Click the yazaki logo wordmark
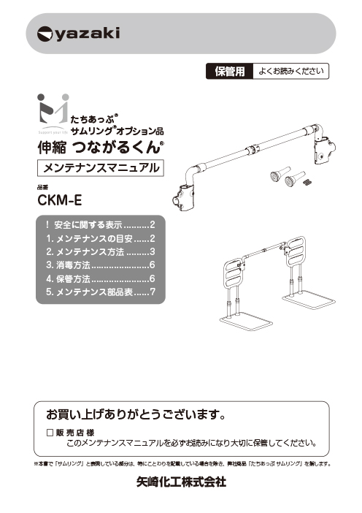point(78,34)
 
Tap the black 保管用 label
point(230,72)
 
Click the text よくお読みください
point(291,71)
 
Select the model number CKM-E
point(59,200)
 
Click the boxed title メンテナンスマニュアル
point(101,168)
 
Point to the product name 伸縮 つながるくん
point(100,147)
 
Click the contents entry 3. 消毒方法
point(101,265)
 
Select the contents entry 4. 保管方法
point(101,278)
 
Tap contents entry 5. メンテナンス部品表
point(101,292)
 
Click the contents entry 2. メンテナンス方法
point(101,252)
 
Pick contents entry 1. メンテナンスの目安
point(101,238)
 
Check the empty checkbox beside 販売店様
point(50,433)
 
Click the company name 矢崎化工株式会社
point(181,482)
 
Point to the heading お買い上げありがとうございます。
point(136,414)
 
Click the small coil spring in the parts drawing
point(308,183)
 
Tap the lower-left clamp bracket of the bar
point(184,197)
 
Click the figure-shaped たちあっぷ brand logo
point(53,112)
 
